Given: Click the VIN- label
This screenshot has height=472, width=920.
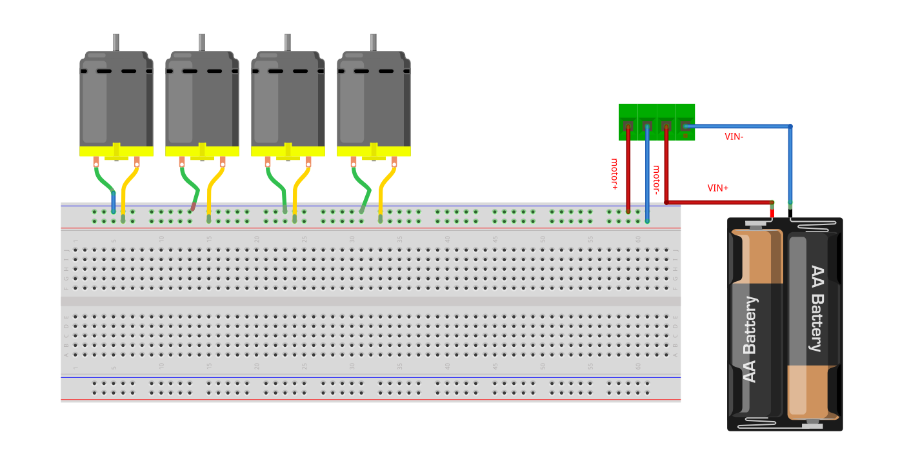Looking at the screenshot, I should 734,137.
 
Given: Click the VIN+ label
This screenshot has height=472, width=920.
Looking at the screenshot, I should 717,188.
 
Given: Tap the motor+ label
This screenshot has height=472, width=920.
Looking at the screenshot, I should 614,173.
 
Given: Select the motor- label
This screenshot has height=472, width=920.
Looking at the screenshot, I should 656,179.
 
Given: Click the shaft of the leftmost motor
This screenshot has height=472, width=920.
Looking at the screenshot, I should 116,43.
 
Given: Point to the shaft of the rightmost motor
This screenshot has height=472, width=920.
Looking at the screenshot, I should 373,43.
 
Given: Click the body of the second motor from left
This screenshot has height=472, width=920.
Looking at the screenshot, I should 202,103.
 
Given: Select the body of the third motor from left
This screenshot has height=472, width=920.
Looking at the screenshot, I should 288,103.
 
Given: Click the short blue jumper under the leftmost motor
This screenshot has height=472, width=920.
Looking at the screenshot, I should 114,202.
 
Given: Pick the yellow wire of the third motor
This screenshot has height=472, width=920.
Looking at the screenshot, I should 298,187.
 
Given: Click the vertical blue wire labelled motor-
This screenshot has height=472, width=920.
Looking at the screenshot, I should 647,174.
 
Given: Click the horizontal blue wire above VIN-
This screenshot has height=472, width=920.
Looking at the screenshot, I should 735,126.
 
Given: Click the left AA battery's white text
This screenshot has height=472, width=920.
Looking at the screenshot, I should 750,339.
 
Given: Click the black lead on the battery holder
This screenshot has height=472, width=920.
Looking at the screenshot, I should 790,213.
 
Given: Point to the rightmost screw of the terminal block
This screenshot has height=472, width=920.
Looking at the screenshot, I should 685,126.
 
